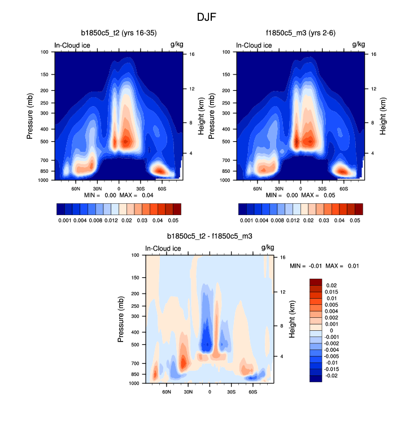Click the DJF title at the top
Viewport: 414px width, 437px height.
(207, 17)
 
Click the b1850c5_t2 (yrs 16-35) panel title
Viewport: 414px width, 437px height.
(119, 33)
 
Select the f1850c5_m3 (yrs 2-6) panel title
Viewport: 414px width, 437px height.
(300, 33)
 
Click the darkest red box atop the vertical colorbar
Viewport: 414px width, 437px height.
(316, 282)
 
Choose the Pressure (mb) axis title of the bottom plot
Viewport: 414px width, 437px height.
(121, 320)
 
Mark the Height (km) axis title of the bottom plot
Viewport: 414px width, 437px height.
(292, 320)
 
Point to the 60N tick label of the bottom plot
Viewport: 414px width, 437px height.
(167, 391)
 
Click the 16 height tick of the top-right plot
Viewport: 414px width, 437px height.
(374, 54)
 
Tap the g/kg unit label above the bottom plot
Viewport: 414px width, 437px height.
(268, 248)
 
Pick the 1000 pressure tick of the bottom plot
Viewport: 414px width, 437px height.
(135, 383)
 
